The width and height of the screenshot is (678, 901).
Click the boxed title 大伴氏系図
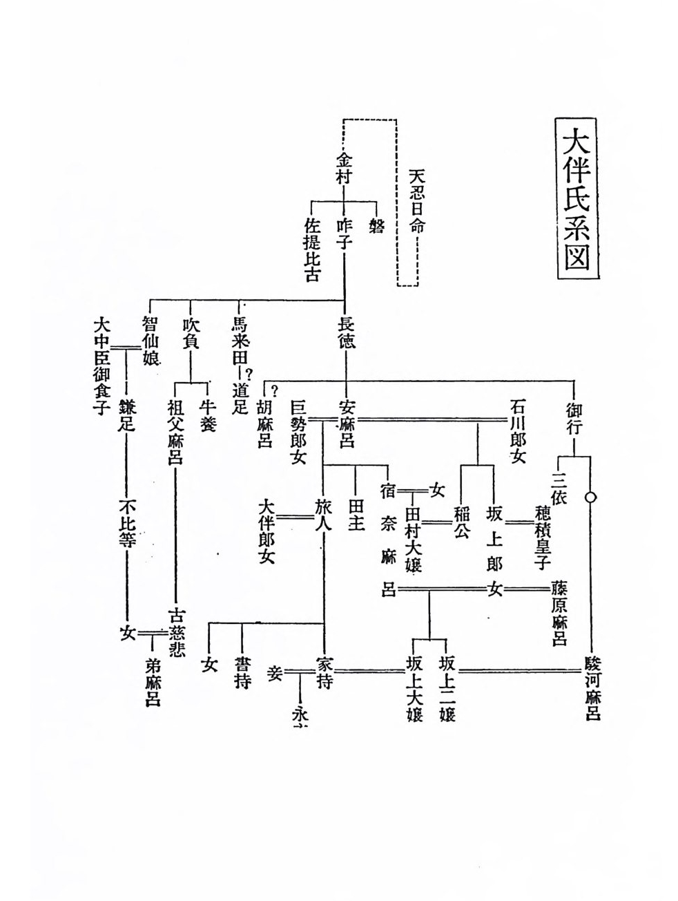[577, 198]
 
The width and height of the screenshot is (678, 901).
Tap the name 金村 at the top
[344, 168]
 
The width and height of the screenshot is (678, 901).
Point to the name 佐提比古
[313, 250]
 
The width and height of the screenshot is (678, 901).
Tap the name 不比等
[127, 522]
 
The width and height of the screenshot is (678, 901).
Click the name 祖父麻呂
[175, 433]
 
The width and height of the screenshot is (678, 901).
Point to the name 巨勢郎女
[298, 431]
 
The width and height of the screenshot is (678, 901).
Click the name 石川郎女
[519, 430]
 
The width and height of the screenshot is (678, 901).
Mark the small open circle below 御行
[590, 497]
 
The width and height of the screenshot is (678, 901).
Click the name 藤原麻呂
[559, 613]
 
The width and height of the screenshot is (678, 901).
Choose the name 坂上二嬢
[447, 687]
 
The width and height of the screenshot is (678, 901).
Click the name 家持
[324, 672]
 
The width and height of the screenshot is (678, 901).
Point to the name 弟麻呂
[152, 681]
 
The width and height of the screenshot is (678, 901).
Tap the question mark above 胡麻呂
[274, 388]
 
